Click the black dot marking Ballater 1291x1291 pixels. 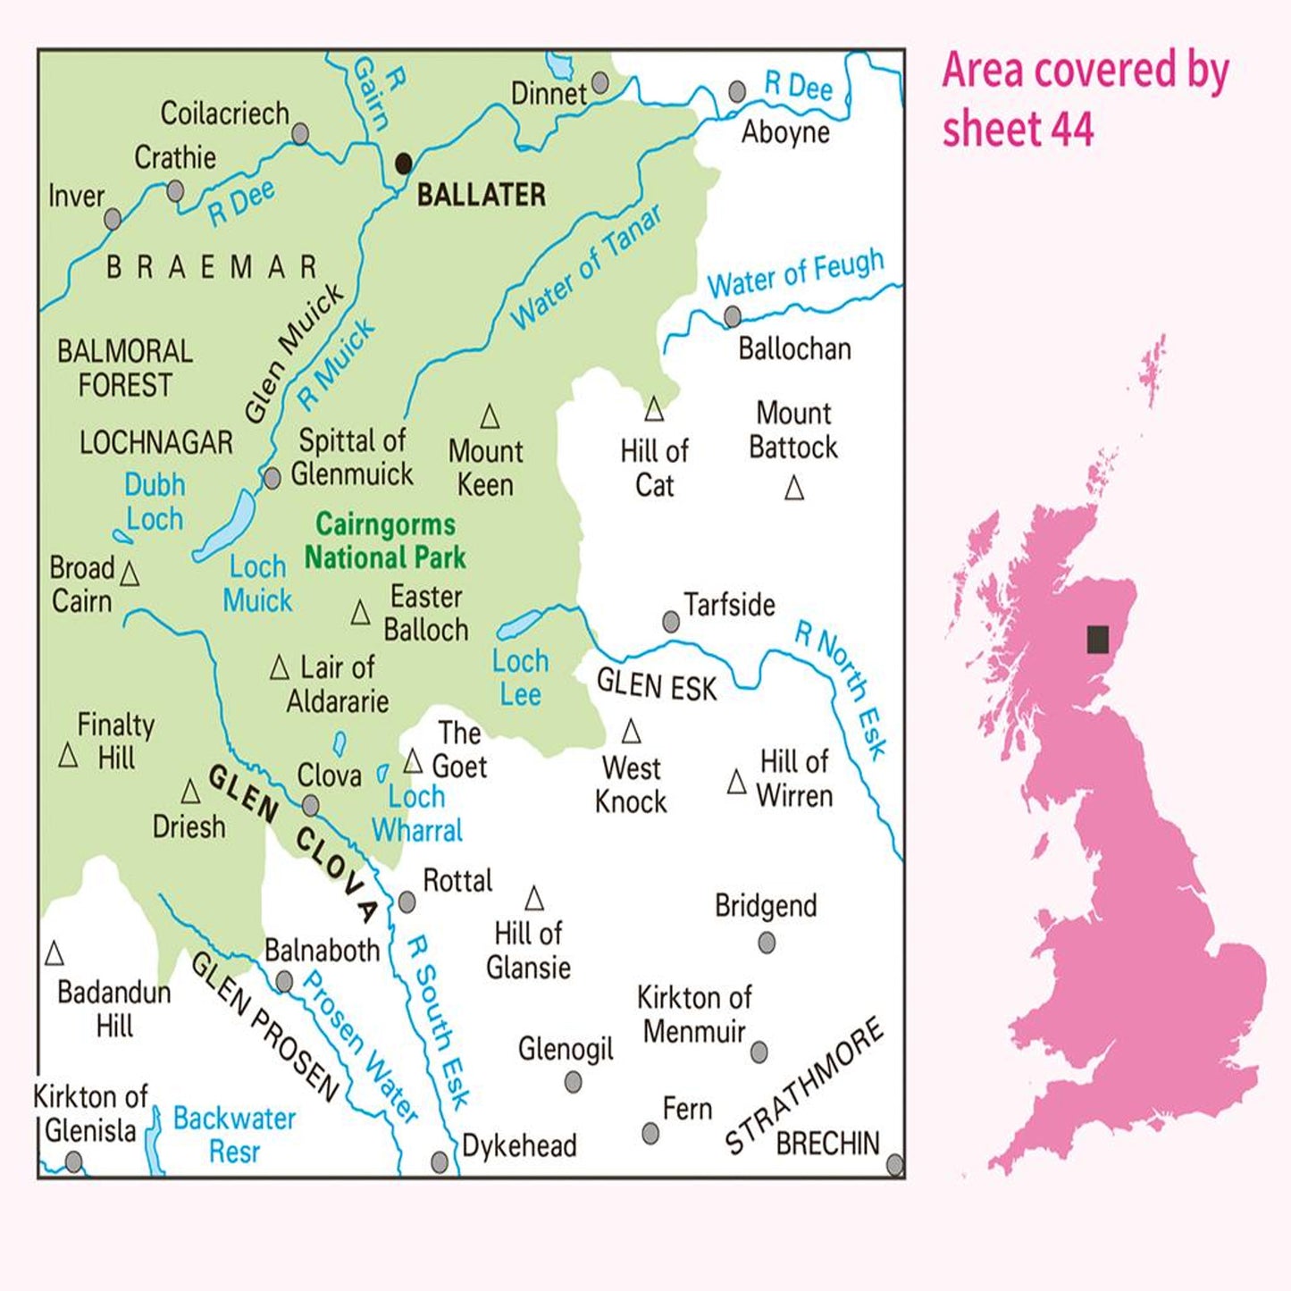pyautogui.click(x=404, y=163)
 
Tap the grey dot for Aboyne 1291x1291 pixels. pyautogui.click(x=737, y=91)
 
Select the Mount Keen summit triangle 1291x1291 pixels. pyautogui.click(x=490, y=416)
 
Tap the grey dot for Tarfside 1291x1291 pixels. pyautogui.click(x=671, y=622)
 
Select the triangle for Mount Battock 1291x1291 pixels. pyautogui.click(x=793, y=489)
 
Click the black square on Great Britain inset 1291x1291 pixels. pyautogui.click(x=1098, y=640)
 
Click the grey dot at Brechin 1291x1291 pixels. pyautogui.click(x=894, y=1165)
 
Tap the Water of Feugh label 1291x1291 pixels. pyautogui.click(x=795, y=273)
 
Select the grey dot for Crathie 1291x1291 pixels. pyautogui.click(x=176, y=191)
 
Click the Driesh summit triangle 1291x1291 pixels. pyautogui.click(x=190, y=792)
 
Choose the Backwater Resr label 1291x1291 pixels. pyautogui.click(x=234, y=1135)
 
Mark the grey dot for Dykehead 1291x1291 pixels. pyautogui.click(x=440, y=1161)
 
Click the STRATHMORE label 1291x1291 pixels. pyautogui.click(x=803, y=1085)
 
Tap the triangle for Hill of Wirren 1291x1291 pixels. pyautogui.click(x=737, y=783)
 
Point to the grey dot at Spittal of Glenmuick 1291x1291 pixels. pyautogui.click(x=272, y=479)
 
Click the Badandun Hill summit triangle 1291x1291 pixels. pyautogui.click(x=54, y=954)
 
